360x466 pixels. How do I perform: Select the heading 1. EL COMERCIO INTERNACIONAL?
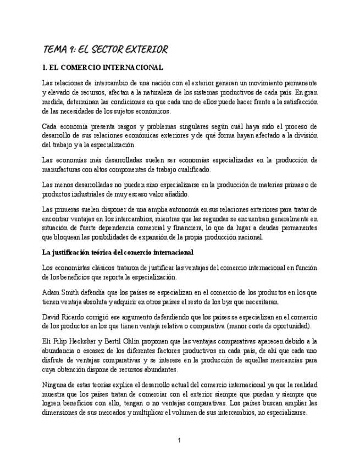[102, 68]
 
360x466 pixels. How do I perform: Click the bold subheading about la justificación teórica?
[118, 253]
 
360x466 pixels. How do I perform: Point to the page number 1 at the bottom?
[179, 440]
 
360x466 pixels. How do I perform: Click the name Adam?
[51, 293]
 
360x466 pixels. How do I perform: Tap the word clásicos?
[100, 267]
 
